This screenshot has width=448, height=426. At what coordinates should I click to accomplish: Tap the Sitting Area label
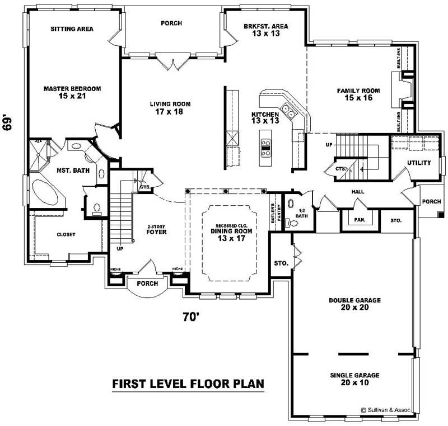(72, 29)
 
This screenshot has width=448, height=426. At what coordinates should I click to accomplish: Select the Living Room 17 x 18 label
(170, 108)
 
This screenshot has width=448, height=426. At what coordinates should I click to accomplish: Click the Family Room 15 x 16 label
(358, 94)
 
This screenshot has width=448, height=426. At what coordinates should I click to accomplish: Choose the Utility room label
(419, 163)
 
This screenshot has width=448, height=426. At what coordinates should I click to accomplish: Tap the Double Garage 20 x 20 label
(354, 304)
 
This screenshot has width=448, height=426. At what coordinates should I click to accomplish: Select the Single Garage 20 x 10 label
(354, 379)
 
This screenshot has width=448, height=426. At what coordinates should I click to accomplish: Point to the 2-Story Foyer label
(157, 230)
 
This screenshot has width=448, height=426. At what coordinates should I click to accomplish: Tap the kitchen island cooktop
(267, 147)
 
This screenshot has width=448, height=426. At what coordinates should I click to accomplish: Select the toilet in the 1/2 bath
(293, 223)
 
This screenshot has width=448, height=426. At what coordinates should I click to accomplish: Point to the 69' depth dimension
(7, 122)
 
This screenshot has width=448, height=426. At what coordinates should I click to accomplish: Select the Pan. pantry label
(360, 220)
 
